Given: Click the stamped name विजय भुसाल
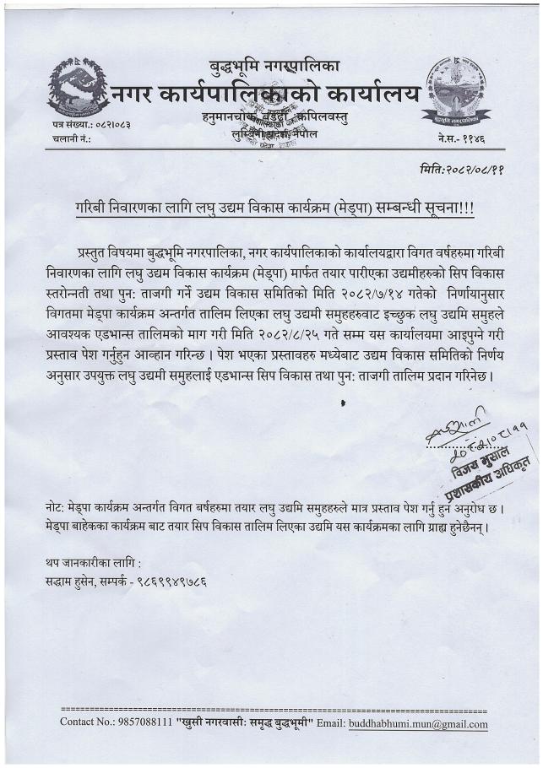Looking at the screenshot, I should pos(465,460).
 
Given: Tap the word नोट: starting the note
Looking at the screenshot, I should pos(57,510).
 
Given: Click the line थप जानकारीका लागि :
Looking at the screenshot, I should pos(94,562).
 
